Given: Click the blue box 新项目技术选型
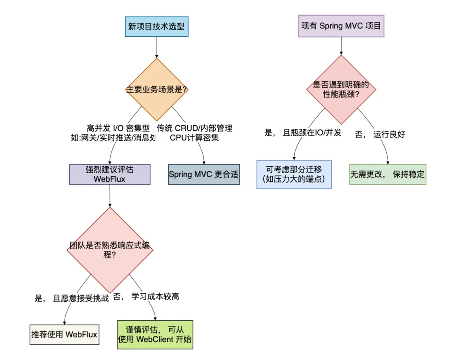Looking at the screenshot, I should coord(157,27).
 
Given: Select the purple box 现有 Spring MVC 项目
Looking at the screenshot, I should coord(341,26).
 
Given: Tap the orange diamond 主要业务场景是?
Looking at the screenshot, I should coord(157,90).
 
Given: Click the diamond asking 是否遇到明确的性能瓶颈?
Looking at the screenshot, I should coord(341,90).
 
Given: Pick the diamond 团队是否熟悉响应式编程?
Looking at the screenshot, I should coord(110,250).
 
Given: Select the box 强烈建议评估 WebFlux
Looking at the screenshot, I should coord(110,175).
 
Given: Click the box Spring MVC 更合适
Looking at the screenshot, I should coord(204,175).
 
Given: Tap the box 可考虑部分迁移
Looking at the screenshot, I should coord(294,174).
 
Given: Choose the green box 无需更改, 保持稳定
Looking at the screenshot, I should coord(388,174).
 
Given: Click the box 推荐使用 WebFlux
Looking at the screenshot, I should coord(64,335).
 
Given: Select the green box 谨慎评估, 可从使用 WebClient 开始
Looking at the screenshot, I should coord(155,334).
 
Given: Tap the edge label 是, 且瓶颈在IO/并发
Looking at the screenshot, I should coord(303,133).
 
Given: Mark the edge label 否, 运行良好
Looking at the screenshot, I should coord(380,134).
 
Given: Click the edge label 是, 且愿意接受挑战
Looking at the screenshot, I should coord(71,298).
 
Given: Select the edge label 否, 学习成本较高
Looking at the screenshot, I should coord(146,297).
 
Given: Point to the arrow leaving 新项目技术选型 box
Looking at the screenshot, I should coord(157,47).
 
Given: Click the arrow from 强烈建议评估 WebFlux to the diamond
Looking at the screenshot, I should coord(110,196).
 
